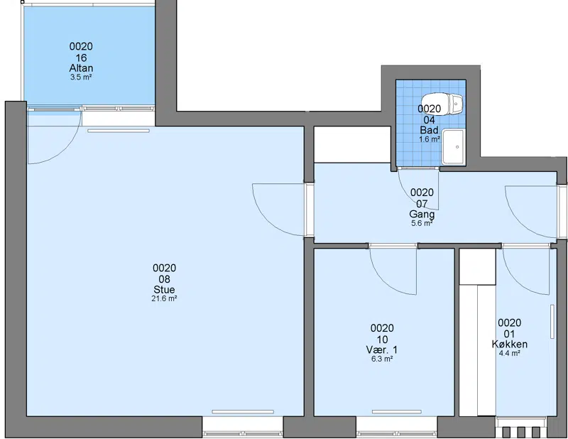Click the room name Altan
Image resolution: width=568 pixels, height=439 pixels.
click(81, 68)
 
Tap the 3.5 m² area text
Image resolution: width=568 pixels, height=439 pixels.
click(81, 77)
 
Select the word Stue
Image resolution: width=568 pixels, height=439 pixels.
click(164, 290)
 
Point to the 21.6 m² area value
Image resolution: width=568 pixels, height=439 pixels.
click(164, 299)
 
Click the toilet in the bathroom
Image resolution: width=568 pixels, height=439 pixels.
click(442, 104)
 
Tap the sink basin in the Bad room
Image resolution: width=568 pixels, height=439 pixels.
click(453, 147)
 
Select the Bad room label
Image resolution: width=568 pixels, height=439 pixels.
click(430, 130)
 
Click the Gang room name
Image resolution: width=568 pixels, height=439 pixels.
click(422, 215)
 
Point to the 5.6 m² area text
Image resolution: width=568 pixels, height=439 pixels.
click(422, 223)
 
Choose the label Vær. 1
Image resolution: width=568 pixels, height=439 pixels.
click(382, 349)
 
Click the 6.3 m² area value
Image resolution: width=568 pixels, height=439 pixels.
click(382, 359)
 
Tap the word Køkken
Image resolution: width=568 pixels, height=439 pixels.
click(509, 345)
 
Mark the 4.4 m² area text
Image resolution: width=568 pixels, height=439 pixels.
click(509, 353)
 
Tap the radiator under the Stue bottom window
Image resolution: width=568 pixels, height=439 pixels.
click(243, 412)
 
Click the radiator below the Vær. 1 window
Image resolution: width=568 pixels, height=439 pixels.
click(397, 412)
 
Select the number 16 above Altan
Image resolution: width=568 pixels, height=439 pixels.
click(81, 58)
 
